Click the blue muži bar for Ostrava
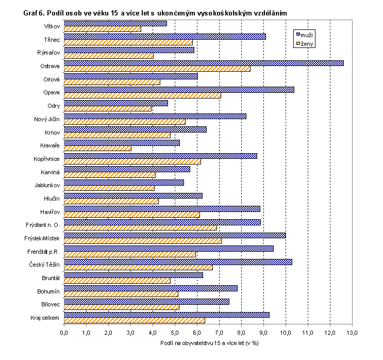tap(204, 63)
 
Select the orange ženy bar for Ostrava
tap(157, 69)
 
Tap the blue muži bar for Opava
tap(179, 90)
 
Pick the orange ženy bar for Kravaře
tap(97, 148)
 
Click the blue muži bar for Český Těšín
tap(178, 261)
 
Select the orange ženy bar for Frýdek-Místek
tap(143, 240)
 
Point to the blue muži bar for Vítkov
tap(115, 23)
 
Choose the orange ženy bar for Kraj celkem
tap(135, 320)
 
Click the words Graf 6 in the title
tap(34, 12)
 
